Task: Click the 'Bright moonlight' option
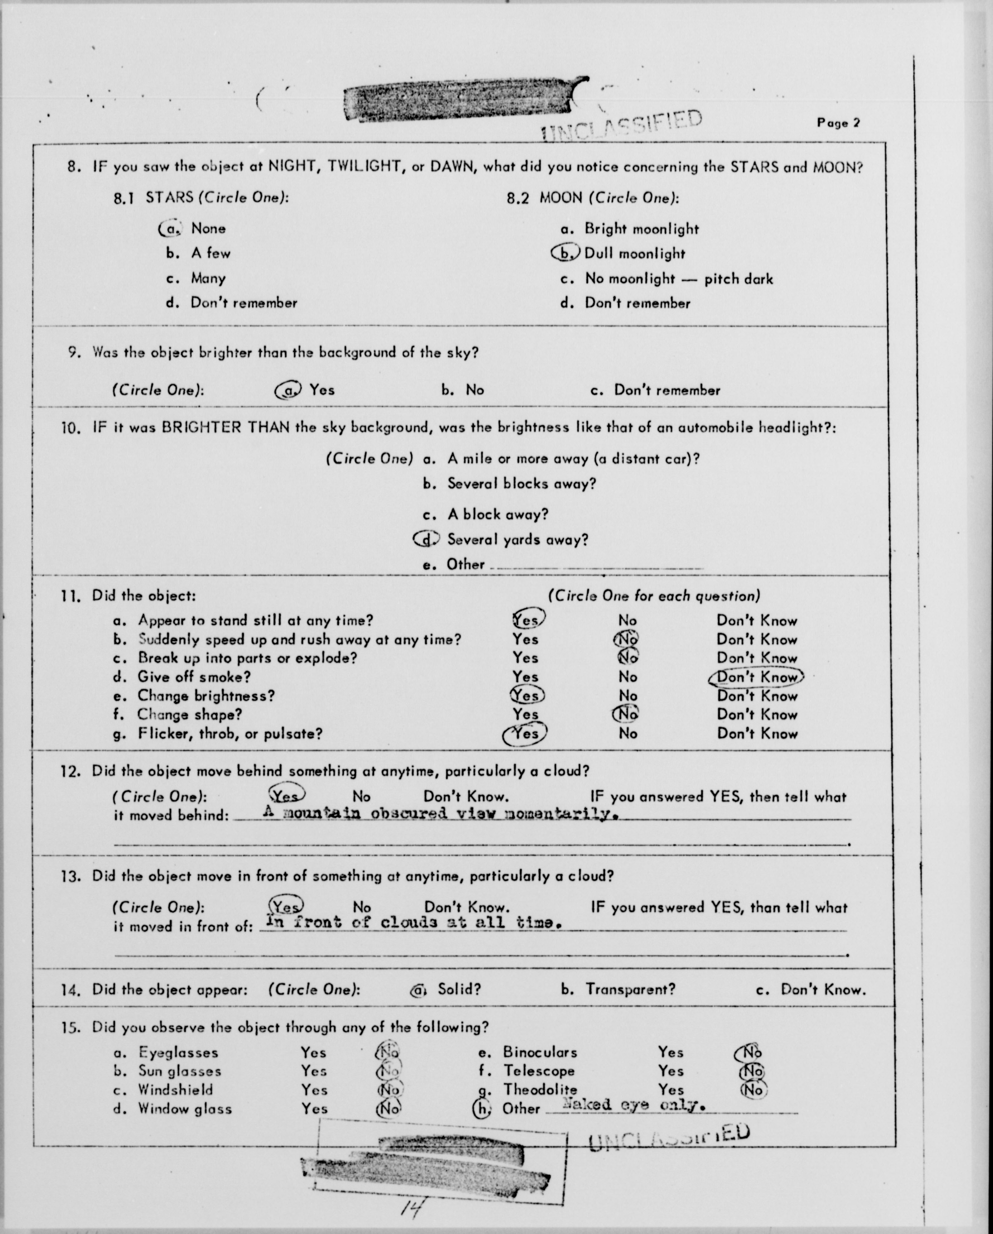pos(641,229)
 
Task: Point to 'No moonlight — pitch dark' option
pos(679,279)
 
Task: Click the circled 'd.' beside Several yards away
pos(427,539)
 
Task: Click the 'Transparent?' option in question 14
pos(630,990)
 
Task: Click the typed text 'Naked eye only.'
pos(633,1105)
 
